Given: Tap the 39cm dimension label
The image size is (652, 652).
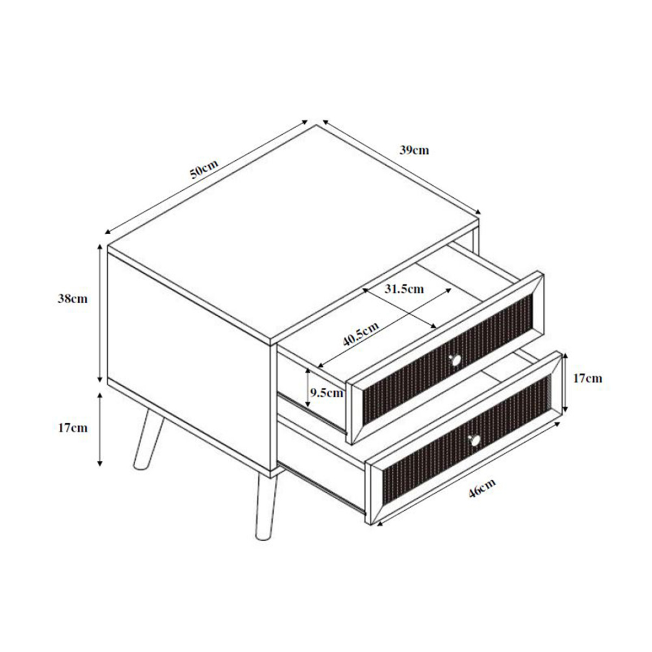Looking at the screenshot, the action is tap(414, 150).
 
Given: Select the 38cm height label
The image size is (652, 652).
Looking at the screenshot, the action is tap(72, 299).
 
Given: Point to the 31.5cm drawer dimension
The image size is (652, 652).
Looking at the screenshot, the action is tap(404, 289).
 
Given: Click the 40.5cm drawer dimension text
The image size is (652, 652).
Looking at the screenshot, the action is tap(360, 334).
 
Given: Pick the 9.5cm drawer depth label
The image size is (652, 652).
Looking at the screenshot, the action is tap(327, 393).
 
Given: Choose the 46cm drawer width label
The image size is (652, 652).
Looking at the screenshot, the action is tap(482, 487).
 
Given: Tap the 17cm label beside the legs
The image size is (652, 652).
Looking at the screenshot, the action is tap(72, 428).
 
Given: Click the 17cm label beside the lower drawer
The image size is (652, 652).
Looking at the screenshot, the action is tap(587, 378).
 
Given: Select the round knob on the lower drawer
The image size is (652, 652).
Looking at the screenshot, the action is tap(475, 440).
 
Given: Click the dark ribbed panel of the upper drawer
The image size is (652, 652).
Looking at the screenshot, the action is tap(448, 359).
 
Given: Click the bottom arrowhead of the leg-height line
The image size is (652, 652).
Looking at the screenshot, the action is tap(100, 463).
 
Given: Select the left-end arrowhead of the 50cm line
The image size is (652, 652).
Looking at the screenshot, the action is tap(107, 231).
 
